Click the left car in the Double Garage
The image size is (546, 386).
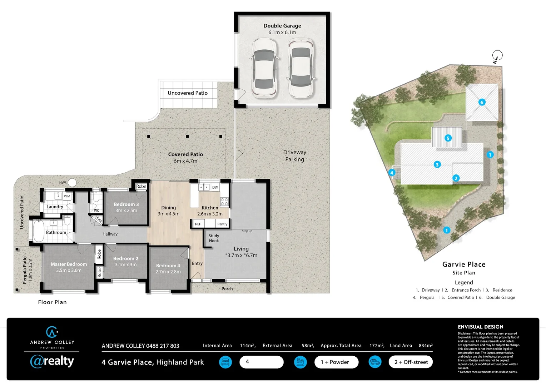pyautogui.click(x=264, y=69)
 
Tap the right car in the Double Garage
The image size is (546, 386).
pyautogui.click(x=301, y=69)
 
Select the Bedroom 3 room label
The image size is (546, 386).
pyautogui.click(x=126, y=204)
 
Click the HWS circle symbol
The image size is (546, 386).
pyautogui.click(x=72, y=183)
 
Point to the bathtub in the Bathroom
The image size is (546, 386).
pyautogui.click(x=38, y=231)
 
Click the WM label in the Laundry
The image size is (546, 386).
pyautogui.click(x=67, y=196)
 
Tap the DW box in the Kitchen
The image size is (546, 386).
pyautogui.click(x=215, y=187)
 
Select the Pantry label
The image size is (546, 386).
pyautogui.click(x=222, y=224)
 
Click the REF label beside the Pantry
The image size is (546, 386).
pyautogui.click(x=198, y=224)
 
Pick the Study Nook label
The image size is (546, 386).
pyautogui.click(x=214, y=238)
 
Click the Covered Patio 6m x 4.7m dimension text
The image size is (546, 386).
pyautogui.click(x=185, y=161)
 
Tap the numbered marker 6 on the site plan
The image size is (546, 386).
pyautogui.click(x=482, y=102)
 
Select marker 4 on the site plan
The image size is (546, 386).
pyautogui.click(x=392, y=173)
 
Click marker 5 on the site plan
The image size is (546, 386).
pyautogui.click(x=448, y=138)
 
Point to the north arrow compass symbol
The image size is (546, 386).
pyautogui.click(x=497, y=56)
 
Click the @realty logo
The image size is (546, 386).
pyautogui.click(x=52, y=361)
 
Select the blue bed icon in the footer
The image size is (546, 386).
pyautogui.click(x=225, y=362)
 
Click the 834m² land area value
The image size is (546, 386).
pyautogui.click(x=426, y=346)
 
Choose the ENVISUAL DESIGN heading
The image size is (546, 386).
pyautogui.click(x=480, y=327)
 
